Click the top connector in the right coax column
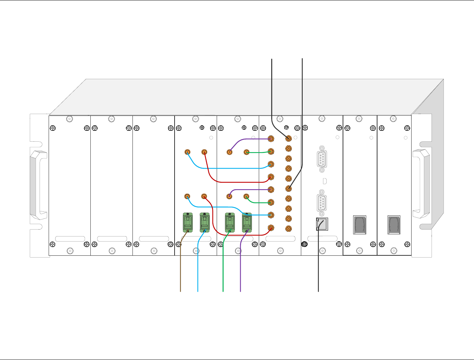tap(289, 138)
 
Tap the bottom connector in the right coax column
tap(289, 228)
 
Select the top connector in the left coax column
tap(271, 139)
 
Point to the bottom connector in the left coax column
tap(271, 228)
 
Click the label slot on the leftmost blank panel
tap(70, 239)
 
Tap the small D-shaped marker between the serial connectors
tap(325, 181)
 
